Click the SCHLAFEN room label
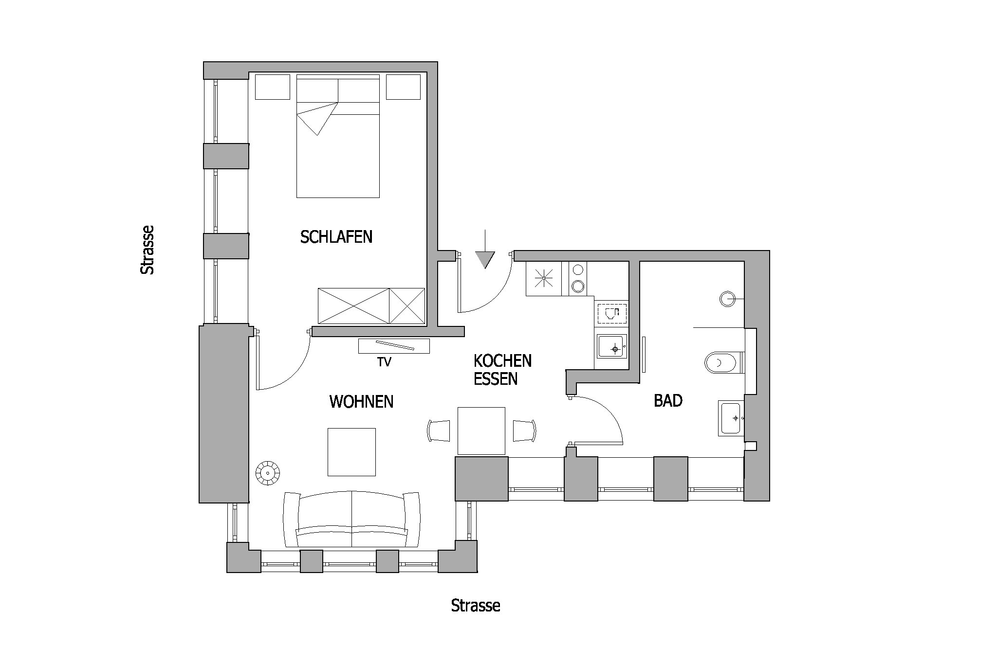(x=336, y=237)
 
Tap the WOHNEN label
(x=361, y=402)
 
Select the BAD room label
(x=668, y=401)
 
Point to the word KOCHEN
(x=502, y=361)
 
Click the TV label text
(x=384, y=362)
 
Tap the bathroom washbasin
(x=730, y=418)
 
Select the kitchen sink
(x=611, y=346)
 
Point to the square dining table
(x=481, y=431)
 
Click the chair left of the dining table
(x=439, y=431)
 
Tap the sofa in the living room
(x=351, y=520)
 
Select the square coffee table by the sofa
(x=351, y=452)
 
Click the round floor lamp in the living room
(x=268, y=472)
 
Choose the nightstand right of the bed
(x=403, y=87)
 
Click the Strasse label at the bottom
(x=476, y=606)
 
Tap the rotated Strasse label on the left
(x=147, y=250)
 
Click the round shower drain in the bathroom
(x=727, y=298)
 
